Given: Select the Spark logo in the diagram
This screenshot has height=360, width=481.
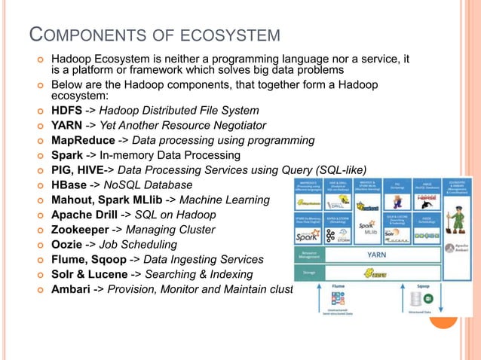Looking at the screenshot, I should (x=308, y=234).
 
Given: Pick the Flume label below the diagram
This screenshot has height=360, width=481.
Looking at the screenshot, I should (x=338, y=287).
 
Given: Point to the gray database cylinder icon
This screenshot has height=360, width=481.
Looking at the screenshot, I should (x=416, y=300).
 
